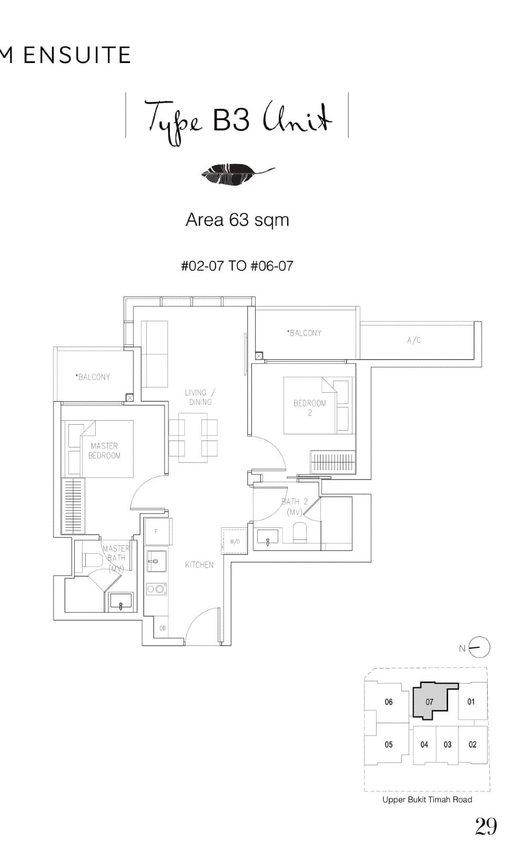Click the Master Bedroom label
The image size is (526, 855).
(104, 451)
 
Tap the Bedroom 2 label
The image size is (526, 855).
(310, 408)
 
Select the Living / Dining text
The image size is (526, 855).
(200, 397)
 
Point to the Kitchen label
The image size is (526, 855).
(199, 565)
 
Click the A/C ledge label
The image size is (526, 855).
(414, 340)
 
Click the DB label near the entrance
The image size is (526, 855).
(163, 628)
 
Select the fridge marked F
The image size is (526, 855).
(156, 532)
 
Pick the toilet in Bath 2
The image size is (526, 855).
(300, 533)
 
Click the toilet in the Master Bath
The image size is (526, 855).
(92, 560)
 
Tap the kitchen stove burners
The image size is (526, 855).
(156, 589)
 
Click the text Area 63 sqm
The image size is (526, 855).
(237, 219)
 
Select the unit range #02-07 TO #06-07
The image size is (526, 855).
(237, 266)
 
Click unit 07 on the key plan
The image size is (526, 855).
(429, 702)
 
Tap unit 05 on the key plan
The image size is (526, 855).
(389, 745)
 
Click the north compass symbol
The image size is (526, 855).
(479, 648)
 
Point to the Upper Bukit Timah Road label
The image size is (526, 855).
(427, 799)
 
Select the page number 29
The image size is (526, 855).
(485, 827)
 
